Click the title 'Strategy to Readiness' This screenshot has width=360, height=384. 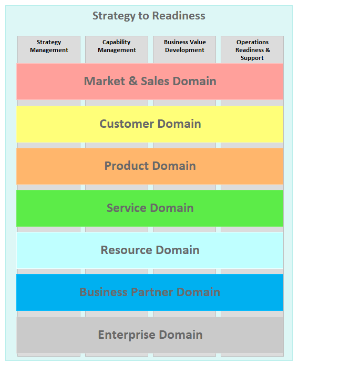[x=149, y=16]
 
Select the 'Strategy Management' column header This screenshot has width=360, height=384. [x=49, y=46]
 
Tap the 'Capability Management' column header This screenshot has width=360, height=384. [x=117, y=46]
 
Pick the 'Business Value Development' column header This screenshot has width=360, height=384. [x=185, y=46]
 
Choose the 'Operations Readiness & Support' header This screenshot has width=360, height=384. [x=253, y=50]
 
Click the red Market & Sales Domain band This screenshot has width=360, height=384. [x=150, y=82]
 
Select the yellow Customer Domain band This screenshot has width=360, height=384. [x=150, y=124]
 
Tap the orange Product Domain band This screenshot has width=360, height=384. [x=150, y=166]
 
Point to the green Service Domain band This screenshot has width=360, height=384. [x=150, y=208]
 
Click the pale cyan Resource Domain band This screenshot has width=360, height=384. [x=150, y=250]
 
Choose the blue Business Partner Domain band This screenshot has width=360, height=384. [x=150, y=292]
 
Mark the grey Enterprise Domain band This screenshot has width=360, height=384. [x=150, y=335]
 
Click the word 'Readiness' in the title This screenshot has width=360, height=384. [x=179, y=16]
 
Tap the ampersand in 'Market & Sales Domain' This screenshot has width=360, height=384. [x=133, y=81]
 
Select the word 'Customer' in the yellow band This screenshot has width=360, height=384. [x=127, y=124]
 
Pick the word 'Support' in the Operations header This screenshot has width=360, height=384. [x=252, y=58]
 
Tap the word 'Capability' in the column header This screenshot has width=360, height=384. [x=117, y=43]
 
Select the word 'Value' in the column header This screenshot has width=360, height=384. [x=196, y=42]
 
